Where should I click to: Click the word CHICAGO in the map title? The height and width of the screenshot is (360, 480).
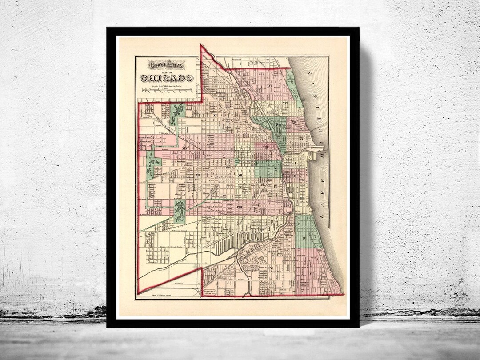(167, 78)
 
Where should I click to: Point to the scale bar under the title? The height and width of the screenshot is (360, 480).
(167, 90)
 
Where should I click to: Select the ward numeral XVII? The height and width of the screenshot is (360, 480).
(286, 104)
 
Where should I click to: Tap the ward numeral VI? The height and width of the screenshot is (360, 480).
(271, 268)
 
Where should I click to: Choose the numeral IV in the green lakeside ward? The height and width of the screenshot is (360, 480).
(304, 239)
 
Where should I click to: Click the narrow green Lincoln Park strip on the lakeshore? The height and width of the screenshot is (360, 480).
(293, 89)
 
